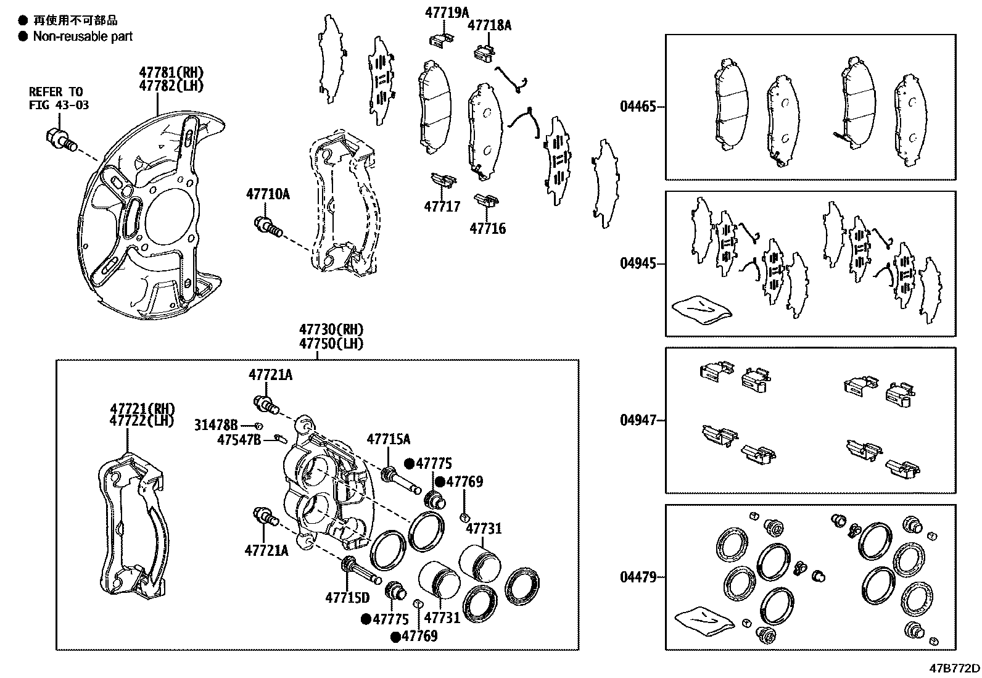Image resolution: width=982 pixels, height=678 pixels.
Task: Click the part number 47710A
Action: [268, 194]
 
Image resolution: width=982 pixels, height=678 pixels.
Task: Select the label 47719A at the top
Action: [447, 12]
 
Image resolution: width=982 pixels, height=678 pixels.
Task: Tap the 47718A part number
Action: [489, 25]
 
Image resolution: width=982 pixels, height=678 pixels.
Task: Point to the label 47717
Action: [442, 206]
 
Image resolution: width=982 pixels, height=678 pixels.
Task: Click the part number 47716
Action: [487, 229]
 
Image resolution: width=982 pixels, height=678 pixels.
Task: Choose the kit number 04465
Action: [638, 107]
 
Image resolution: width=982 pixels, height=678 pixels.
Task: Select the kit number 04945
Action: [638, 264]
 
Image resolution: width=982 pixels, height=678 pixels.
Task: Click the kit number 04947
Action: [638, 421]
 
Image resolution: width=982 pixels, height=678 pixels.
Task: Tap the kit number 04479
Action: [638, 578]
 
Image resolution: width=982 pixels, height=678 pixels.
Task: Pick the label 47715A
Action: [388, 439]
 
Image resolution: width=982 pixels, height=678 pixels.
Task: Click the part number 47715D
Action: [347, 597]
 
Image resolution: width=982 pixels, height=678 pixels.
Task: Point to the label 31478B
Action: [216, 425]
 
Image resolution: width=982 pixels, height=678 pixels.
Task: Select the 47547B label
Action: [239, 439]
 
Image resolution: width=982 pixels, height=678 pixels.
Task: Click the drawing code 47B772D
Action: [955, 669]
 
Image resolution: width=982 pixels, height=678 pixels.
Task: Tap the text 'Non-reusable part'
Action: [83, 36]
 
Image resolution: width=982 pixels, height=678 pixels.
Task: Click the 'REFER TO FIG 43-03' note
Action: [59, 98]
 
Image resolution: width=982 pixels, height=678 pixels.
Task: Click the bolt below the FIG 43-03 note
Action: [60, 139]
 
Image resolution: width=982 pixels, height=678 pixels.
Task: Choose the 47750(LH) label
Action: [331, 344]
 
